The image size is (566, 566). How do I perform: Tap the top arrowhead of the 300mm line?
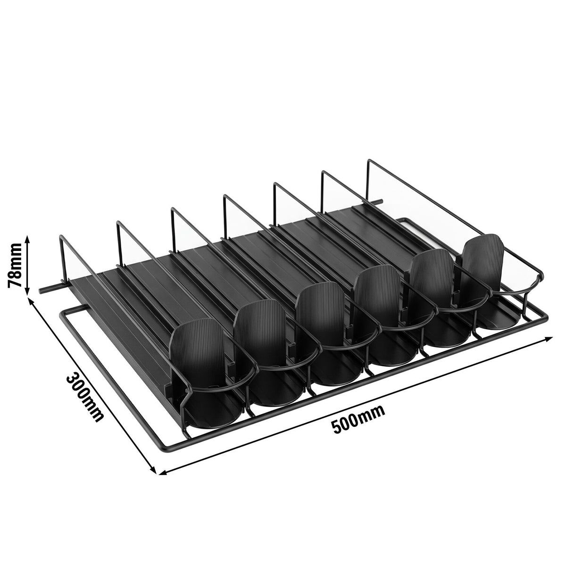point(30,301)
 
